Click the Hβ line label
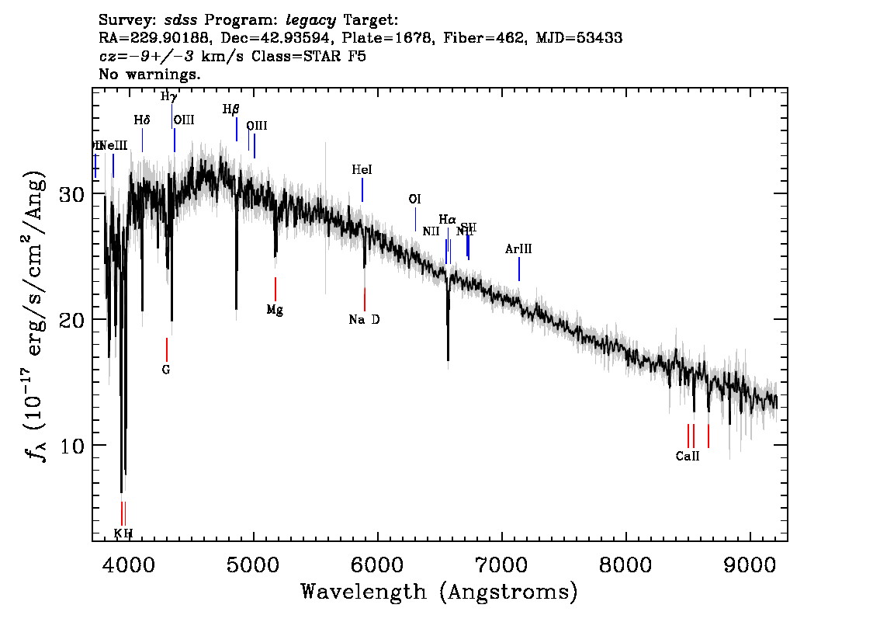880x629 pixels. [x=230, y=110]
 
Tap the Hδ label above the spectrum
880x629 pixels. [x=141, y=120]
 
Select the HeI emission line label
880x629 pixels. [x=362, y=170]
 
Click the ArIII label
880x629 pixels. [x=518, y=249]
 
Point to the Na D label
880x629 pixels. [x=364, y=320]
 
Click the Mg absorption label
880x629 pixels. [x=275, y=310]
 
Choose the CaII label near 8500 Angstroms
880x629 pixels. [x=688, y=457]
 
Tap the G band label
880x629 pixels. [x=166, y=370]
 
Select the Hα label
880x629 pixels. [x=447, y=220]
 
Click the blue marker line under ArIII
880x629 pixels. [x=518, y=269]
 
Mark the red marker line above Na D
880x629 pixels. [x=365, y=299]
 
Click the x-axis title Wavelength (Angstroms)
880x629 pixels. [x=439, y=593]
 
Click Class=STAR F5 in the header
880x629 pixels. [x=296, y=57]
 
